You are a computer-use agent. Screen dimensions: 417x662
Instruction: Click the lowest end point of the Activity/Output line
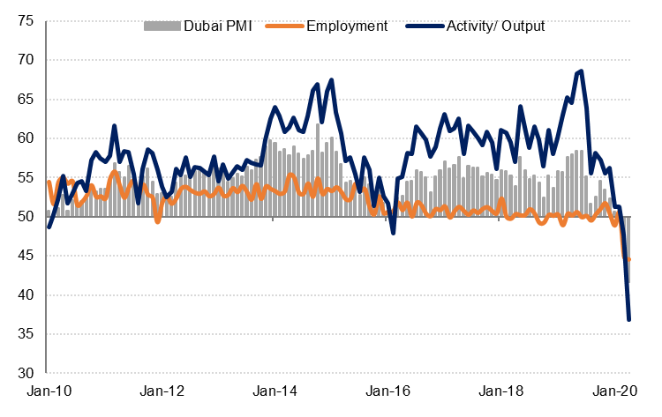pyautogui.click(x=629, y=319)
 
